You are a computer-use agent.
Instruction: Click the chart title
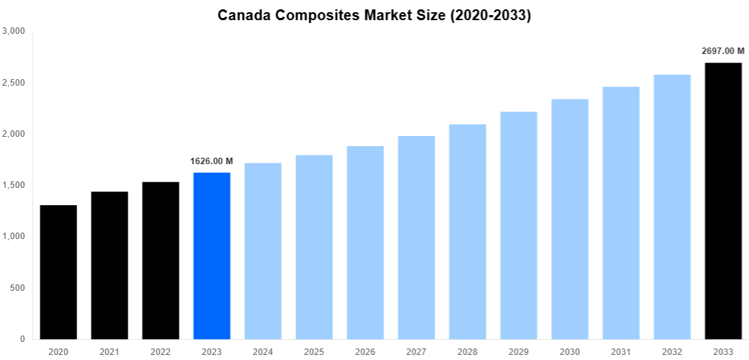[x=374, y=15]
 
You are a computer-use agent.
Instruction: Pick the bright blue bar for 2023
[x=212, y=256]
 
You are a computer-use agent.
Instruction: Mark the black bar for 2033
[x=723, y=201]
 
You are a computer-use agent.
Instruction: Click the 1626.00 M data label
[x=212, y=161]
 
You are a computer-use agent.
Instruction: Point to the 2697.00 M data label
[x=723, y=51]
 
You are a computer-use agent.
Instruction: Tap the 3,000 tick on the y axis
[x=14, y=31]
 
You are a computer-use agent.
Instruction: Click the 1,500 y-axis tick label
[x=14, y=185]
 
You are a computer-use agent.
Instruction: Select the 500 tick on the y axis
[x=17, y=288]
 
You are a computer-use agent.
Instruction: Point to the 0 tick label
[x=22, y=339]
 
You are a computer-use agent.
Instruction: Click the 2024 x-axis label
[x=263, y=352]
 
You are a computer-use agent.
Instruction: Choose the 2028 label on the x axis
[x=467, y=352]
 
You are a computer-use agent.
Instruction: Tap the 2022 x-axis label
[x=161, y=352]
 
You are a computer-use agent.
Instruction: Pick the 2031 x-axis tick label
[x=621, y=352]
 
